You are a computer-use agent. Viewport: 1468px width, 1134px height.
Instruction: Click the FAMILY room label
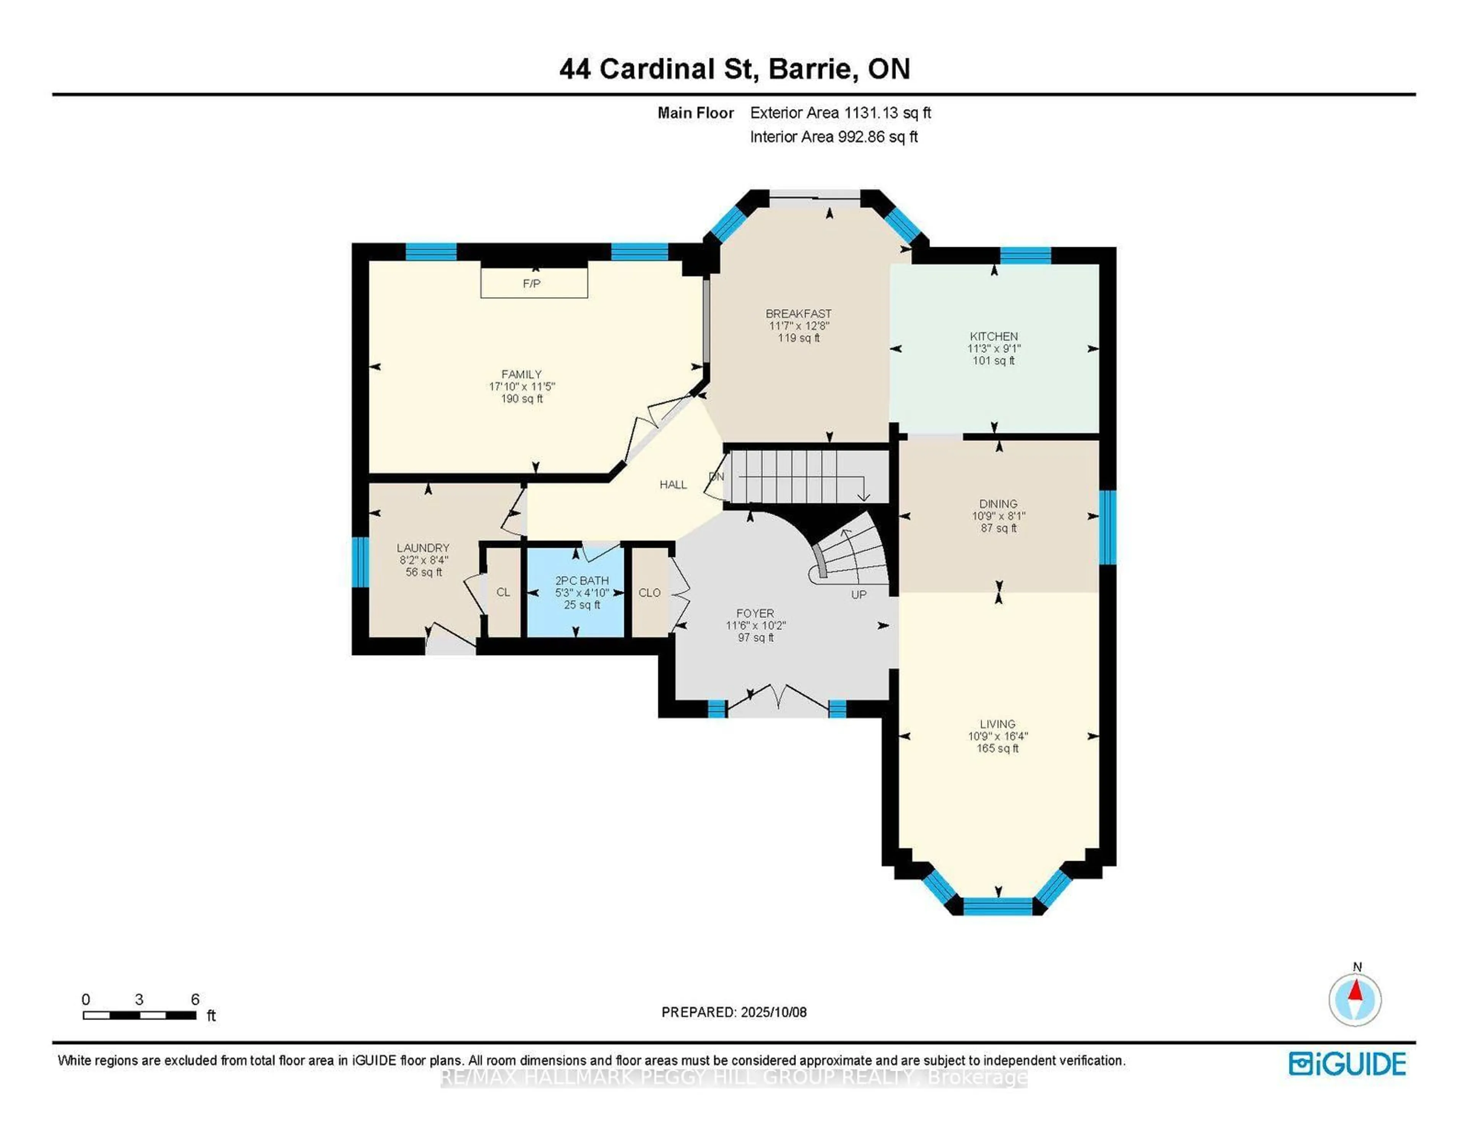click(x=521, y=374)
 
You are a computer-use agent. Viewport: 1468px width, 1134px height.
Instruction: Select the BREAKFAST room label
click(x=799, y=313)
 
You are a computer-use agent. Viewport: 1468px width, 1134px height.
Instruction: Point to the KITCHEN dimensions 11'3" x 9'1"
click(x=994, y=348)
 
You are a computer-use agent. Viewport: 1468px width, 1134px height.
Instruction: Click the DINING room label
click(x=998, y=504)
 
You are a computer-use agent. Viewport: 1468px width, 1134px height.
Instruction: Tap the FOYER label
click(x=755, y=613)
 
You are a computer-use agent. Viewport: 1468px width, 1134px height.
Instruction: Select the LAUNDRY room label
click(x=423, y=548)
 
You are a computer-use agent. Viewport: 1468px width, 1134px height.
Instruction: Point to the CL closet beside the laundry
click(x=503, y=592)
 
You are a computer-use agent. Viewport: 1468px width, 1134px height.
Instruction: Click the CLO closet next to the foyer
click(x=649, y=592)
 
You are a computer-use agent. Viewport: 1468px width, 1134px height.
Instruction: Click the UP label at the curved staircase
click(x=858, y=594)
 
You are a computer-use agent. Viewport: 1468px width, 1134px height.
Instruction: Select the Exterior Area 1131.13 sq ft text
click(x=840, y=113)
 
